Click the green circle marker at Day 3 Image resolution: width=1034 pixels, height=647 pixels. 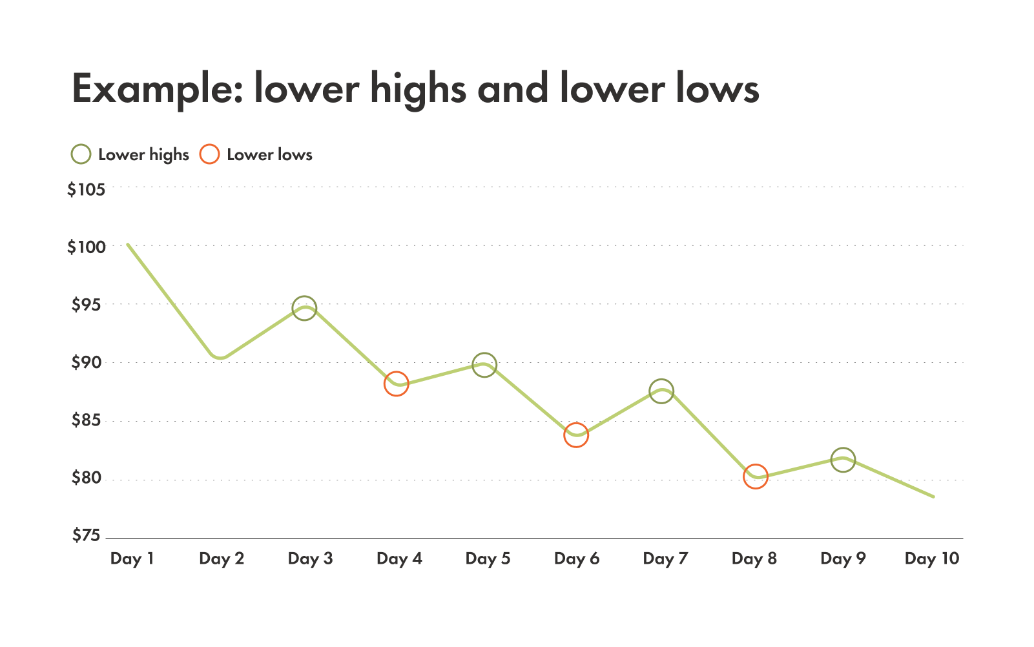pos(304,308)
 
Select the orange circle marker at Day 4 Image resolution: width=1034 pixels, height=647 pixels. pos(396,384)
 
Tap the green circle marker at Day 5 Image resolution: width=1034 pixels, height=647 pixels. pos(484,365)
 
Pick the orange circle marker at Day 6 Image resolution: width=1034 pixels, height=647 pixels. pos(576,435)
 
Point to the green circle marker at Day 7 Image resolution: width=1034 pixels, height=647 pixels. pos(662,391)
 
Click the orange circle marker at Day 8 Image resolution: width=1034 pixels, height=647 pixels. pos(755,477)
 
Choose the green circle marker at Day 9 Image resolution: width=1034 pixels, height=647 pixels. pos(843,460)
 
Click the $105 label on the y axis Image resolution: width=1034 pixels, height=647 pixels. pos(86,190)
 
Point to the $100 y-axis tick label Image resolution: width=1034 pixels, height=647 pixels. pos(86,247)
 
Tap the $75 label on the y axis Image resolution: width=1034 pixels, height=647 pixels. pos(86,535)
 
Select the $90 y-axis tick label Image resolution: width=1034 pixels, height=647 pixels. pos(86,363)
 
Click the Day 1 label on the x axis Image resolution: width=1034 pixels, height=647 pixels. pos(132,559)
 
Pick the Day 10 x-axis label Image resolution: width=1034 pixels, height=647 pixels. pos(932,559)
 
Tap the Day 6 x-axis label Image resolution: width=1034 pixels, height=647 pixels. pos(577,559)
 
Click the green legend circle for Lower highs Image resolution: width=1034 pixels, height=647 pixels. pos(81,155)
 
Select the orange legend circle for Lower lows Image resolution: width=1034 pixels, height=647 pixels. pos(209,155)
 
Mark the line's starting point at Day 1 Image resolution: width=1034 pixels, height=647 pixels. pos(128,245)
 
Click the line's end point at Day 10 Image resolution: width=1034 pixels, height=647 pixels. pos(933,497)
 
